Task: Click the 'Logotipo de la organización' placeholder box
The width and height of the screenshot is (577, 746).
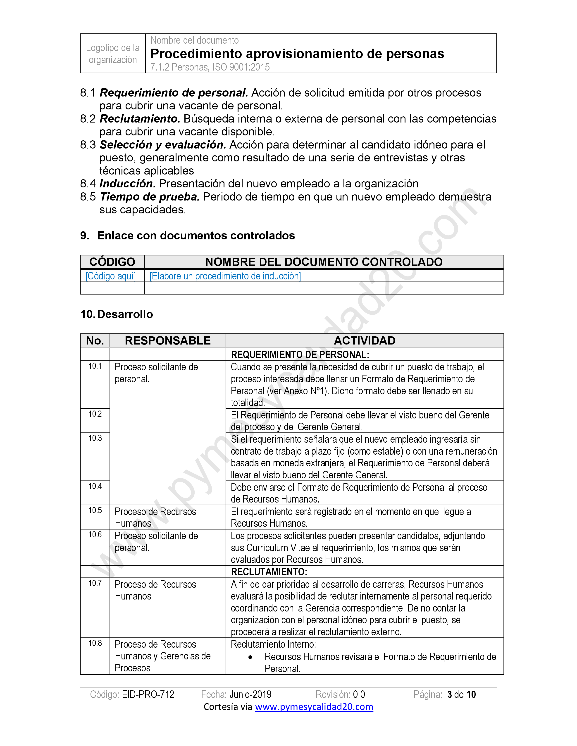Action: click(113, 54)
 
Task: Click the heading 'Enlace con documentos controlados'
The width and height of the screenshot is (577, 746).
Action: click(196, 236)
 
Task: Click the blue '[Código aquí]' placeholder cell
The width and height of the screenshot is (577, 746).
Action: click(111, 276)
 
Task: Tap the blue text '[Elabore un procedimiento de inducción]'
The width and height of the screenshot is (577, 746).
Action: click(225, 276)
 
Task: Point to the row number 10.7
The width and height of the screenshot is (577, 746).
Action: click(95, 583)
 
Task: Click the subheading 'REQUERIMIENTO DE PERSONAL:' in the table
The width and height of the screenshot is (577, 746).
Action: click(300, 354)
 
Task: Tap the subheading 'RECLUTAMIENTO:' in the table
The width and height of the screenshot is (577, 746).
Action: click(269, 572)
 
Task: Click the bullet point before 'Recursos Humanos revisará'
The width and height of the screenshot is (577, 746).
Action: click(250, 657)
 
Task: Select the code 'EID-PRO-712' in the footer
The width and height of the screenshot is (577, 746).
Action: click(148, 694)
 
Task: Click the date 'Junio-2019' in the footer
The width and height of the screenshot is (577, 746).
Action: click(250, 694)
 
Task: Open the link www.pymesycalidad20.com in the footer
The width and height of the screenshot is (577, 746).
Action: click(314, 706)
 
